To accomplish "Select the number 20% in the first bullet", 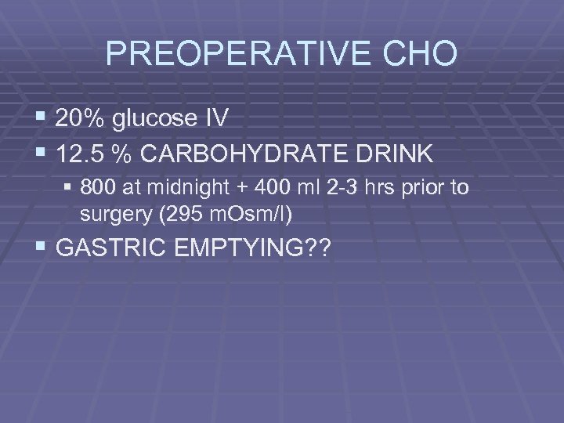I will [x=83, y=119].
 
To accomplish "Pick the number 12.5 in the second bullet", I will [x=82, y=154].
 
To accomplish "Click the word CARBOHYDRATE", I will [x=245, y=154].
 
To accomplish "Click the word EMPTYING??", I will [x=258, y=250].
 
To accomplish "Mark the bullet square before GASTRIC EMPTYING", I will [x=43, y=249].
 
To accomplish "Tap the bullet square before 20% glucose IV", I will [x=43, y=118].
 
